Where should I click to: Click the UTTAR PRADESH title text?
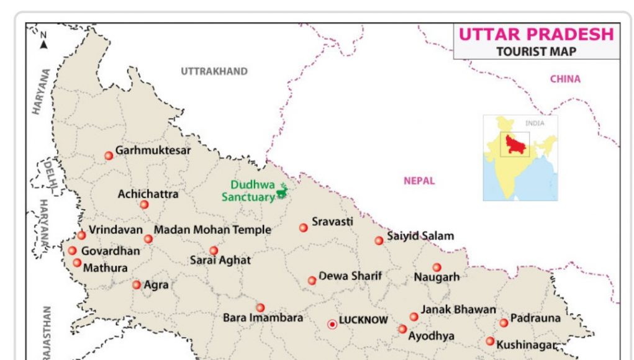(536, 34)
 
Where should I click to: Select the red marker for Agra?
(137, 285)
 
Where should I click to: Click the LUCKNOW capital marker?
(332, 324)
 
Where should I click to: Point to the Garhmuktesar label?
(153, 150)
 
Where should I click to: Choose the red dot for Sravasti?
(304, 228)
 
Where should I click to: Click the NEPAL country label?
(419, 181)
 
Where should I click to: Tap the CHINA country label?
(565, 79)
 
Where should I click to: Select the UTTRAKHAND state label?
(214, 71)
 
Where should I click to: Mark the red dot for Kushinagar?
(490, 341)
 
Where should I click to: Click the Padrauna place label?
(535, 318)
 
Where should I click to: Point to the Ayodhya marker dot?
(402, 329)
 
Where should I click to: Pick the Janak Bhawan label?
(458, 309)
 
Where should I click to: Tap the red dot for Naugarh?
(437, 268)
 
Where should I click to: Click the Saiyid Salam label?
(420, 236)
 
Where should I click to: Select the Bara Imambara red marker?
(260, 307)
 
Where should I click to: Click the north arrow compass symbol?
(43, 42)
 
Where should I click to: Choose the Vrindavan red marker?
(81, 235)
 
